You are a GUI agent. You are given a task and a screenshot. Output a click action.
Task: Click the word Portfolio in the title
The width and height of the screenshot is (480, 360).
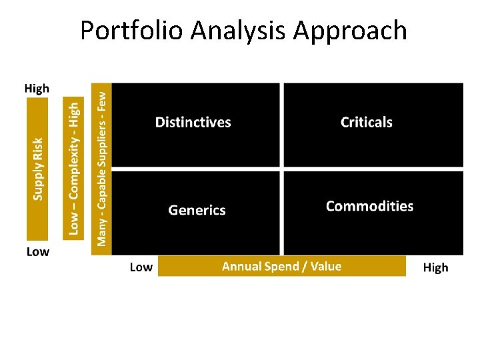point(131,31)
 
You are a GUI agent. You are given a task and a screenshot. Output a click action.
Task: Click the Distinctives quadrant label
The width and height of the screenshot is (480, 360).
point(193,123)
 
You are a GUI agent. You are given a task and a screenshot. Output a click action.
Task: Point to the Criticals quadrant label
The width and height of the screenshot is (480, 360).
point(366,123)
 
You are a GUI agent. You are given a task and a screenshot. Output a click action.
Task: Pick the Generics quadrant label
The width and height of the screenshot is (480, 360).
point(197,211)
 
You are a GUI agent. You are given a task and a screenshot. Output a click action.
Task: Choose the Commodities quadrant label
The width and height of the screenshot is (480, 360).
point(369,206)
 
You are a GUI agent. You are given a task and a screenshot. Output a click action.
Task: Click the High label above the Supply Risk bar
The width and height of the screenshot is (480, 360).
point(37,89)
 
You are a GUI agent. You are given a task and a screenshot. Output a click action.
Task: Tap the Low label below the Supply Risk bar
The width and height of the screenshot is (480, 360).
point(37,251)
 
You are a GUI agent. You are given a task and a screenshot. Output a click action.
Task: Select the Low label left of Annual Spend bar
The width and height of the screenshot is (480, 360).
point(141,267)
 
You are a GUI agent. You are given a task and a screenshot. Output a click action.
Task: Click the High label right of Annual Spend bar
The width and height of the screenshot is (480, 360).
point(435,268)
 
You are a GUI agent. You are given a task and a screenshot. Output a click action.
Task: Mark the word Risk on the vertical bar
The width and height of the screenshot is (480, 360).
point(38,147)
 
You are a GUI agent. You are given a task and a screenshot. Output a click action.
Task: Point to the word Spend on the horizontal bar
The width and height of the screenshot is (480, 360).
point(283,267)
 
